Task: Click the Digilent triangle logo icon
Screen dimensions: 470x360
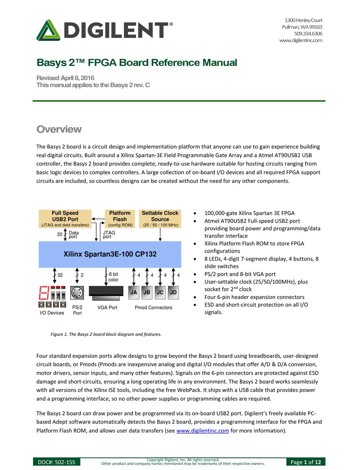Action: point(49,30)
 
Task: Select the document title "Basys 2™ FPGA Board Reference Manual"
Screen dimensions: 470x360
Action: point(136,62)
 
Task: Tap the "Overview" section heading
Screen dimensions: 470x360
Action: point(59,129)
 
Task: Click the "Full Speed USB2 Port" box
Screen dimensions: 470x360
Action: point(65,219)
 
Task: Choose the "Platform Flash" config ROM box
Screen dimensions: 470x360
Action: point(120,219)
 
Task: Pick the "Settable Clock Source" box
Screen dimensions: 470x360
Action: point(160,219)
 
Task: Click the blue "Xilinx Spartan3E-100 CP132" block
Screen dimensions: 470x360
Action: point(110,254)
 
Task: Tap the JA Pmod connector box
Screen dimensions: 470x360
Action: point(133,292)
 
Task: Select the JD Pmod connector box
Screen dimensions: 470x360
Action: point(173,292)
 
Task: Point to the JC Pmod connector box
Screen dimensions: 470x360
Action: point(160,292)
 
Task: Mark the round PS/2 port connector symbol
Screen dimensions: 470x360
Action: point(77,293)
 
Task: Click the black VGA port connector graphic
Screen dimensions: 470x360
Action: point(106,291)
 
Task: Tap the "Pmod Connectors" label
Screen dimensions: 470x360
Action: point(153,308)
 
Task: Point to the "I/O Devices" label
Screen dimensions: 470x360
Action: point(52,313)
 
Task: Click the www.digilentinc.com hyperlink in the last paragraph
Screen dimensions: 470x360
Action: point(203,430)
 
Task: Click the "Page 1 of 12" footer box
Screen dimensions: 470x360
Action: point(306,462)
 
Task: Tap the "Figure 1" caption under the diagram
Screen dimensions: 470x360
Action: point(106,334)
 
